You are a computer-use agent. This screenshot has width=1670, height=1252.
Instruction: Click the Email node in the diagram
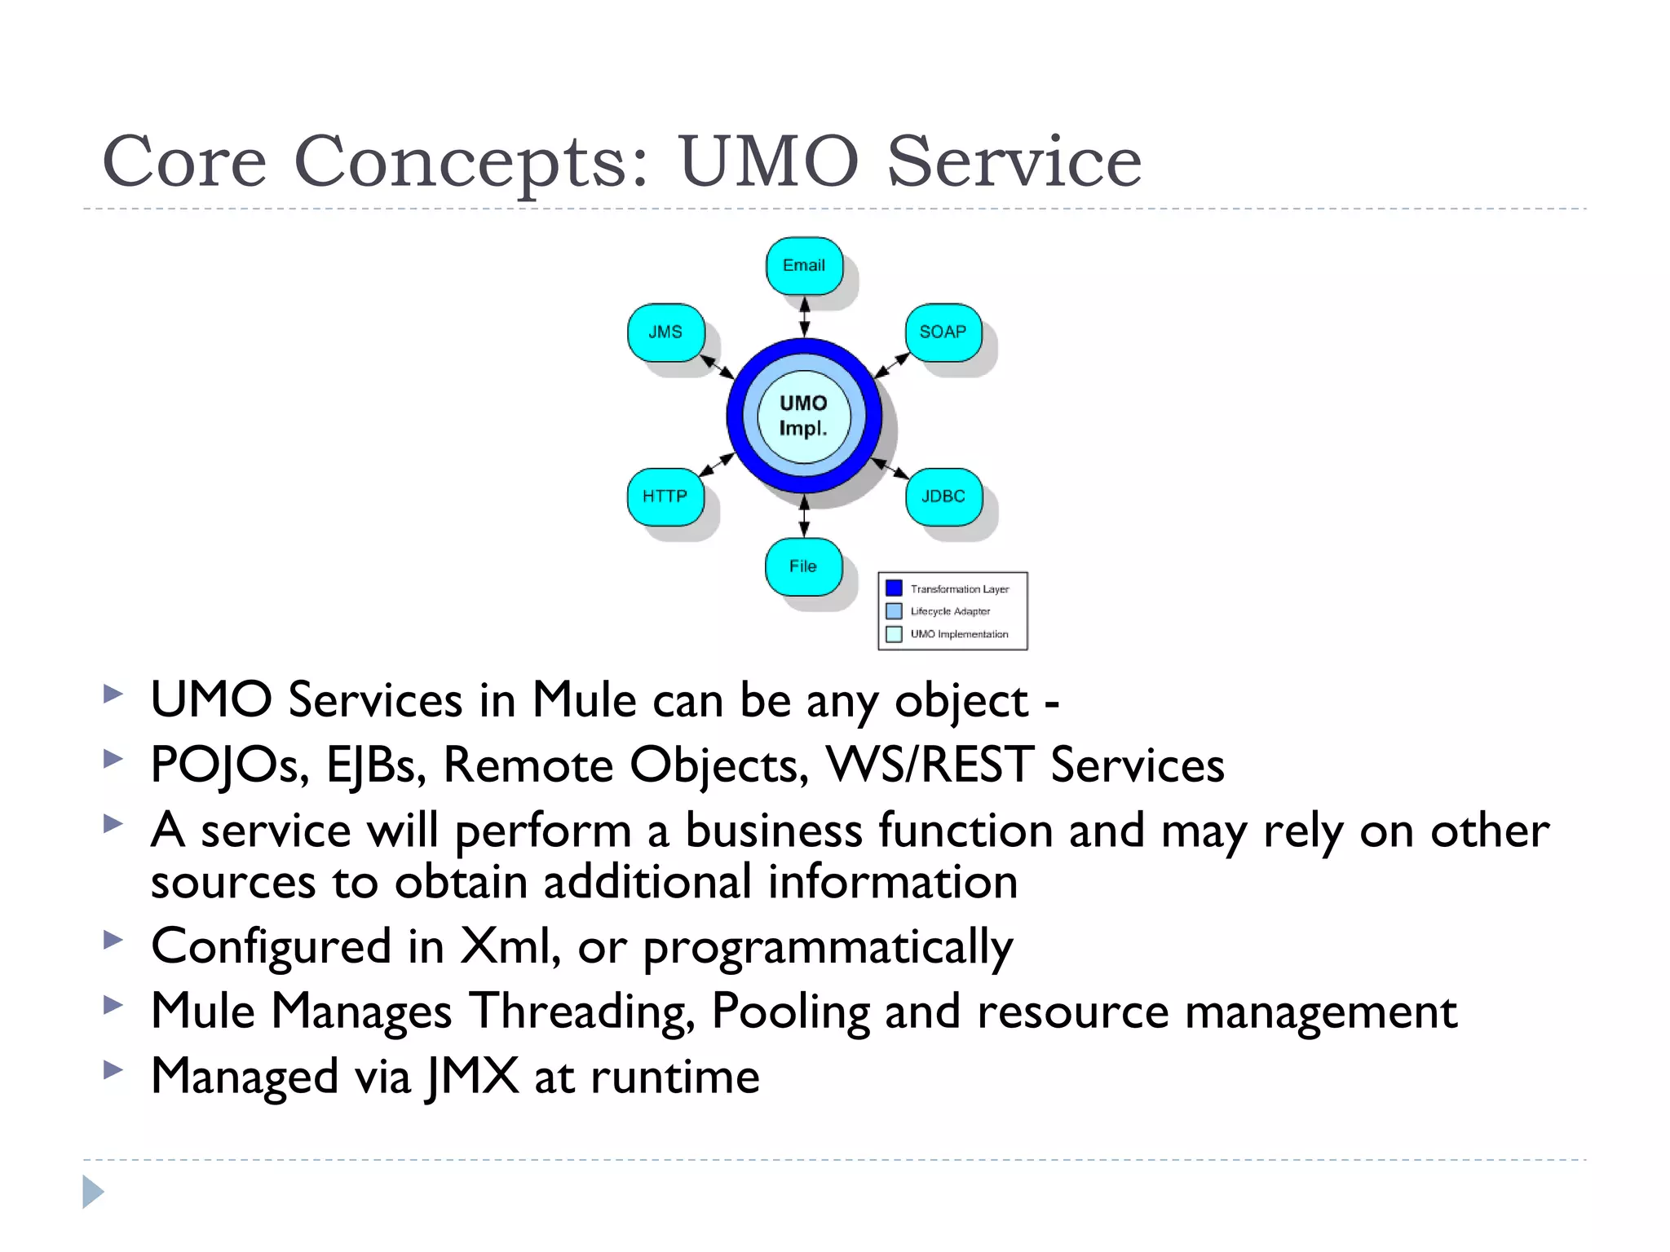pyautogui.click(x=804, y=266)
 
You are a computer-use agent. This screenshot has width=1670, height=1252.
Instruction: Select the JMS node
pyautogui.click(x=665, y=332)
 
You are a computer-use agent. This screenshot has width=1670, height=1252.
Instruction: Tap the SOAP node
pyautogui.click(x=943, y=332)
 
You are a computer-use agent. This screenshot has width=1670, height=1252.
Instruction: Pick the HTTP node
pyautogui.click(x=665, y=496)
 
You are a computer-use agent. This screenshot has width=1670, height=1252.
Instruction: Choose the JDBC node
pyautogui.click(x=943, y=496)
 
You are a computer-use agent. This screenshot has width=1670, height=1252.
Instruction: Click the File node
pyautogui.click(x=803, y=566)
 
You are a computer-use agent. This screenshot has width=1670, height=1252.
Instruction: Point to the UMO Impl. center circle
pyautogui.click(x=804, y=416)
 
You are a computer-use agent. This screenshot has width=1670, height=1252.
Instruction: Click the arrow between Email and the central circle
pyautogui.click(x=805, y=316)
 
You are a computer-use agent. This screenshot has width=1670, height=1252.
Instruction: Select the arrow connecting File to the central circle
pyautogui.click(x=805, y=516)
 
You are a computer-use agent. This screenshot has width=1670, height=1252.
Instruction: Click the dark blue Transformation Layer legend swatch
pyautogui.click(x=894, y=588)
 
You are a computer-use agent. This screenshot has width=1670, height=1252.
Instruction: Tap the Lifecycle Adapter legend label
pyautogui.click(x=950, y=611)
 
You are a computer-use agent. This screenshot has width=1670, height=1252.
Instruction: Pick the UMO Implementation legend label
pyautogui.click(x=959, y=634)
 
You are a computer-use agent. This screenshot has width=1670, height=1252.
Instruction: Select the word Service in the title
pyautogui.click(x=1014, y=162)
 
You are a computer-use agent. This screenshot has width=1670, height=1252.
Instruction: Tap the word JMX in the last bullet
pyautogui.click(x=473, y=1076)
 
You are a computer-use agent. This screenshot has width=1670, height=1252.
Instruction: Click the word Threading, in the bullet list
pyautogui.click(x=581, y=1012)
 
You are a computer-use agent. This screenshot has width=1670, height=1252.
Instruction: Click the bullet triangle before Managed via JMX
pyautogui.click(x=113, y=1069)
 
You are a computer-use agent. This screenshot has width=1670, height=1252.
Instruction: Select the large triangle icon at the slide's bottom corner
pyautogui.click(x=93, y=1192)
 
